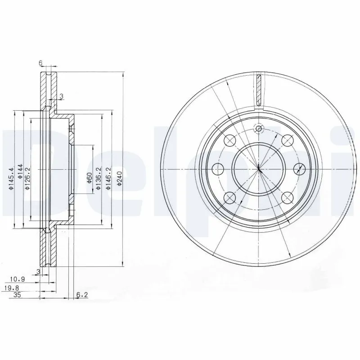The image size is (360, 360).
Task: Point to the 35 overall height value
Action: click(17, 295)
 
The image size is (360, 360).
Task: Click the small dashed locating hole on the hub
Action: click(258, 129)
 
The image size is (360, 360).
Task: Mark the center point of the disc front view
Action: click(259, 169)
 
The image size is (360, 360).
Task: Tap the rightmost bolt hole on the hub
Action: click(299, 169)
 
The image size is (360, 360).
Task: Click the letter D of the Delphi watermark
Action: click(22, 171)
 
